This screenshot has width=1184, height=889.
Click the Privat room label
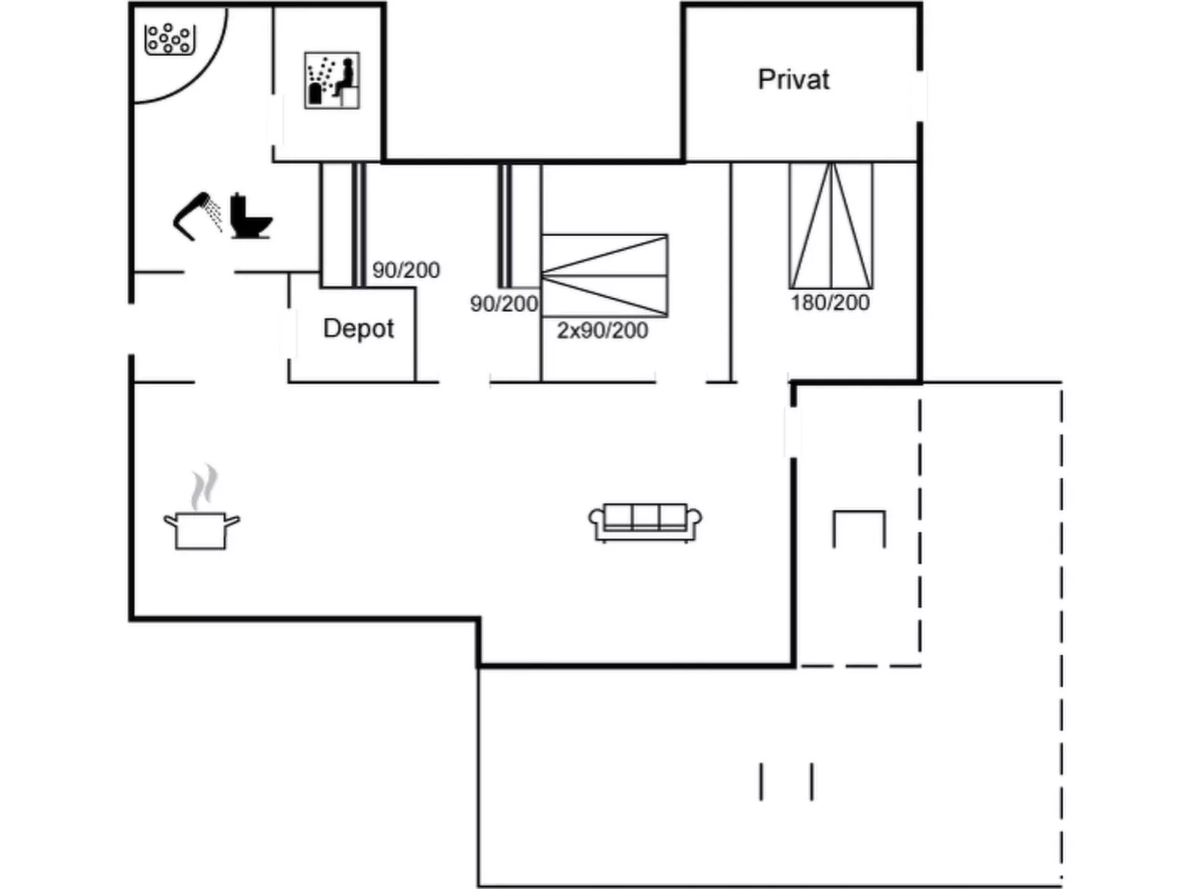(793, 80)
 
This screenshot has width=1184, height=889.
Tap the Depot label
(359, 328)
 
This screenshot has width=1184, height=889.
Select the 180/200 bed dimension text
(830, 302)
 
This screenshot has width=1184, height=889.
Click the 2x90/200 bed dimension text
(602, 331)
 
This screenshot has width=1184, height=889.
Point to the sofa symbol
(645, 522)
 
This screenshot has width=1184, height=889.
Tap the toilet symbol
(250, 215)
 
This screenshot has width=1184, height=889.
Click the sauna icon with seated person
(332, 80)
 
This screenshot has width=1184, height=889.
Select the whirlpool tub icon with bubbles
(170, 39)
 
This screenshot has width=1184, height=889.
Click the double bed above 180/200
(831, 226)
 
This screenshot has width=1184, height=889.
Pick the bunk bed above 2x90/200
(605, 275)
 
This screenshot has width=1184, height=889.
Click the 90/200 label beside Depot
(406, 270)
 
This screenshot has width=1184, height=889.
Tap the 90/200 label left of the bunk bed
(504, 304)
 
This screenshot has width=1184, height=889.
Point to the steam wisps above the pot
(204, 487)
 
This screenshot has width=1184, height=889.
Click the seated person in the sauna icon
(345, 77)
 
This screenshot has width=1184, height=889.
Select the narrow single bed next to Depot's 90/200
(359, 225)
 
